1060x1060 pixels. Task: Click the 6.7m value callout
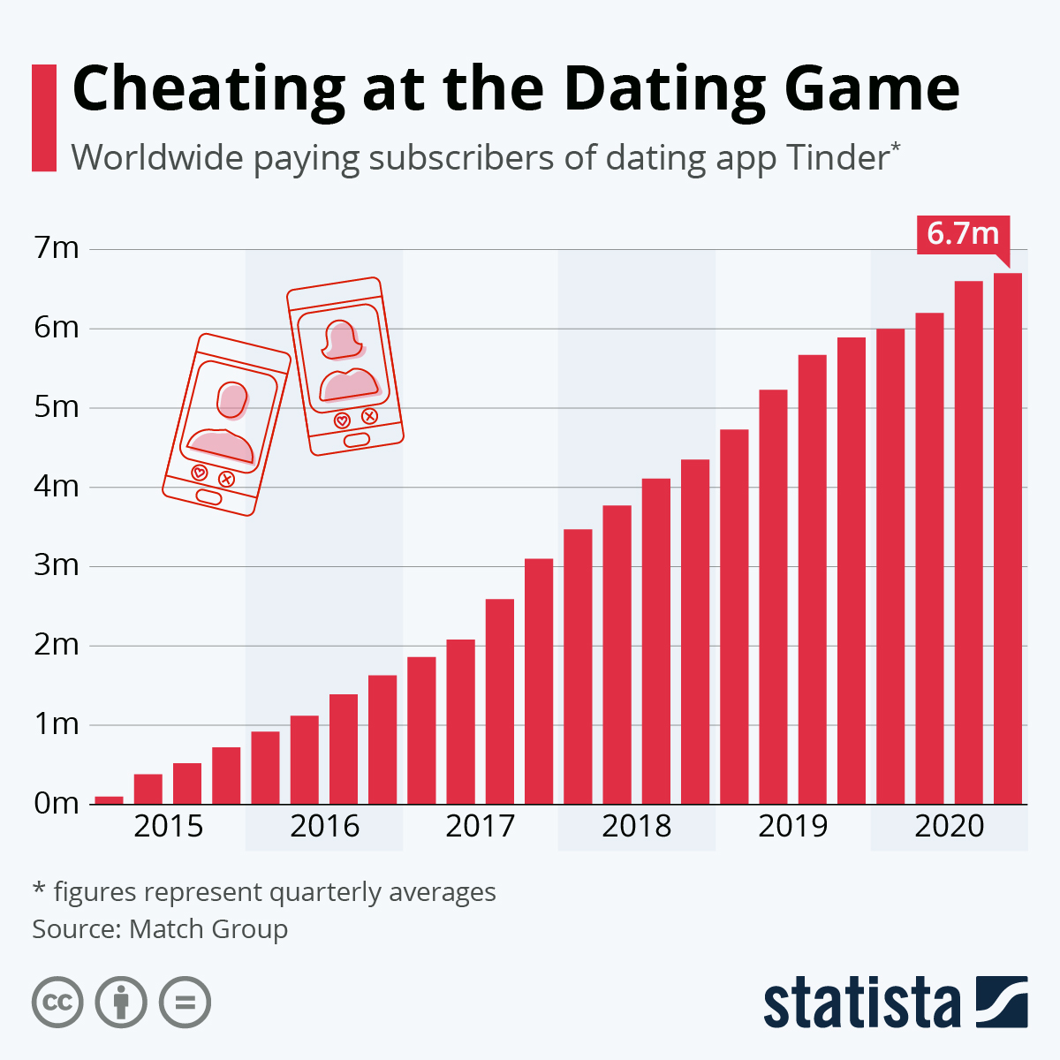coord(963,235)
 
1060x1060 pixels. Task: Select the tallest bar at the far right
coord(1008,539)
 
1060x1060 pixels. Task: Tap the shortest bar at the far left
coord(109,800)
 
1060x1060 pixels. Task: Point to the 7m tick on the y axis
coord(57,248)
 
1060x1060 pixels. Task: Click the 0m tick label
coord(57,804)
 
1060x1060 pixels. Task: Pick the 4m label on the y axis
coord(57,486)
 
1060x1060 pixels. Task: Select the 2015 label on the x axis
coord(169,826)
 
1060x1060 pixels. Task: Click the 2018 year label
coord(636,826)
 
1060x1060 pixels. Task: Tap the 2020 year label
coord(949,826)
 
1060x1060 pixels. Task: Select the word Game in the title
coord(872,88)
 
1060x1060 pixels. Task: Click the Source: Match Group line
coord(160,929)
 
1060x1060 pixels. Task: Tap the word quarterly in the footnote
coord(324,892)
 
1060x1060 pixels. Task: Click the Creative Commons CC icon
coord(57,1003)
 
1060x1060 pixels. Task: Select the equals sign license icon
coord(185,1003)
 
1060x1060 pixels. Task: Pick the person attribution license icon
coord(121,1003)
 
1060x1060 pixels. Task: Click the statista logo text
coord(862,1003)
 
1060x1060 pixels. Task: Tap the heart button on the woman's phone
coord(342,420)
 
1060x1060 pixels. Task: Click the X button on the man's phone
coord(226,479)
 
